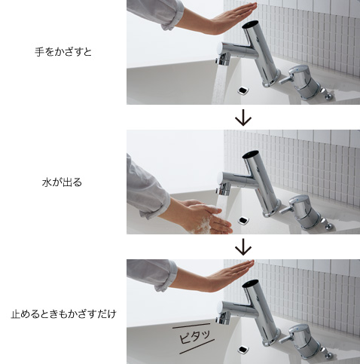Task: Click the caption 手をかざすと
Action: coord(63,52)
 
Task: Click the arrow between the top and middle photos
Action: coord(243,118)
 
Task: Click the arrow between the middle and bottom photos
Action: coord(243,247)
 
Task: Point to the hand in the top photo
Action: coord(218,19)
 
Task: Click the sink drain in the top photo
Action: coord(243,90)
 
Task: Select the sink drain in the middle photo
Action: coord(244,220)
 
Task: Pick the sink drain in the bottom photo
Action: coord(244,349)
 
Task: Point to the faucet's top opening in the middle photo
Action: coord(251,156)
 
